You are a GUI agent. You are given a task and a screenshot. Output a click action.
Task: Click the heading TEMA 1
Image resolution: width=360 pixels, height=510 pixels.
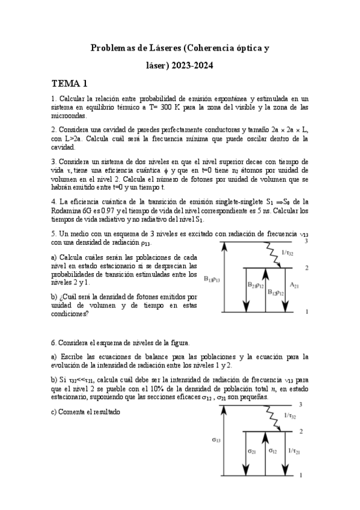[69, 84]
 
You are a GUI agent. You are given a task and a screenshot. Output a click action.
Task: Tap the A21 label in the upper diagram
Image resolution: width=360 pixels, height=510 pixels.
[294, 286]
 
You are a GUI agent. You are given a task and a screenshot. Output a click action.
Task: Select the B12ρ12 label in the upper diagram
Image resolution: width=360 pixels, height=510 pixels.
[275, 291]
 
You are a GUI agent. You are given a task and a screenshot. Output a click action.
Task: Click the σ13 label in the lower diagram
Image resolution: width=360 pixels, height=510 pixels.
[216, 440]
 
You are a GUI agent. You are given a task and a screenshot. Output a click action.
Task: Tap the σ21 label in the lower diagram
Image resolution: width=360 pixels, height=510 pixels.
[252, 450]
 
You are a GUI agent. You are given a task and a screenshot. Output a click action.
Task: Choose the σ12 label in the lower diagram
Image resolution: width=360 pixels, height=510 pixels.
[272, 450]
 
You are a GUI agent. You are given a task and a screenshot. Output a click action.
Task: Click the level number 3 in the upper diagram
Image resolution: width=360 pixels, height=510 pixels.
[307, 241]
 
